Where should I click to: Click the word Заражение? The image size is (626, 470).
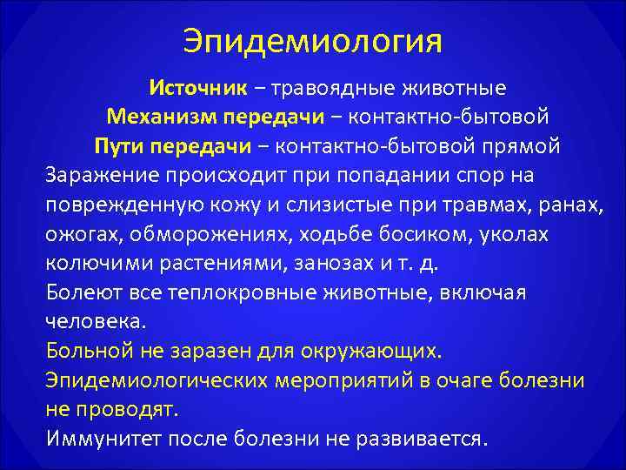coord(100,175)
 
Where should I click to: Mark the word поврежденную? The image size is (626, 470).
coord(120,205)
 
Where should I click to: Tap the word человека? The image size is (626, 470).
coord(96,322)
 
